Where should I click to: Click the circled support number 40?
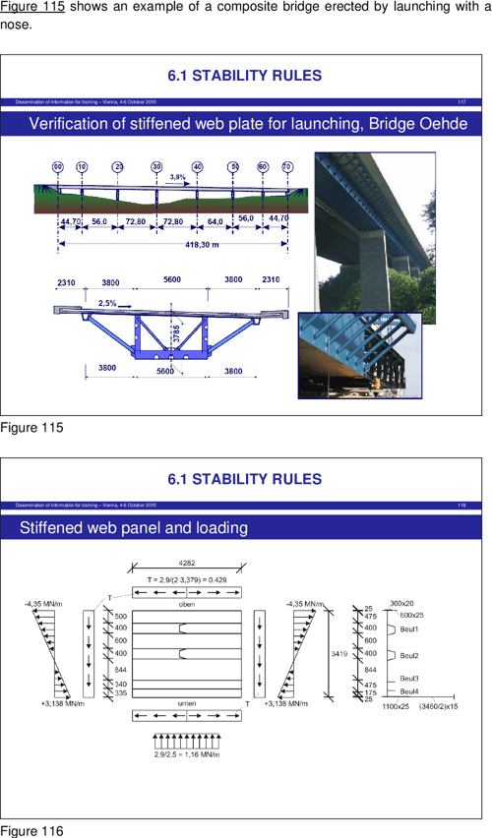[198, 167]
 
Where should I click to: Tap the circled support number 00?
[58, 167]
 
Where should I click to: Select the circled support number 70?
[286, 167]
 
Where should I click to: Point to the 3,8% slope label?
[178, 177]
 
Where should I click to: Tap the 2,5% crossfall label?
[108, 302]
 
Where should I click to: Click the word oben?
[186, 606]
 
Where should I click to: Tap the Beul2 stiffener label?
[409, 655]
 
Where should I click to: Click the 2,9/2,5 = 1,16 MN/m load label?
[186, 754]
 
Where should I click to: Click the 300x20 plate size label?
[401, 603]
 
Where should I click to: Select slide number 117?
[461, 101]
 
